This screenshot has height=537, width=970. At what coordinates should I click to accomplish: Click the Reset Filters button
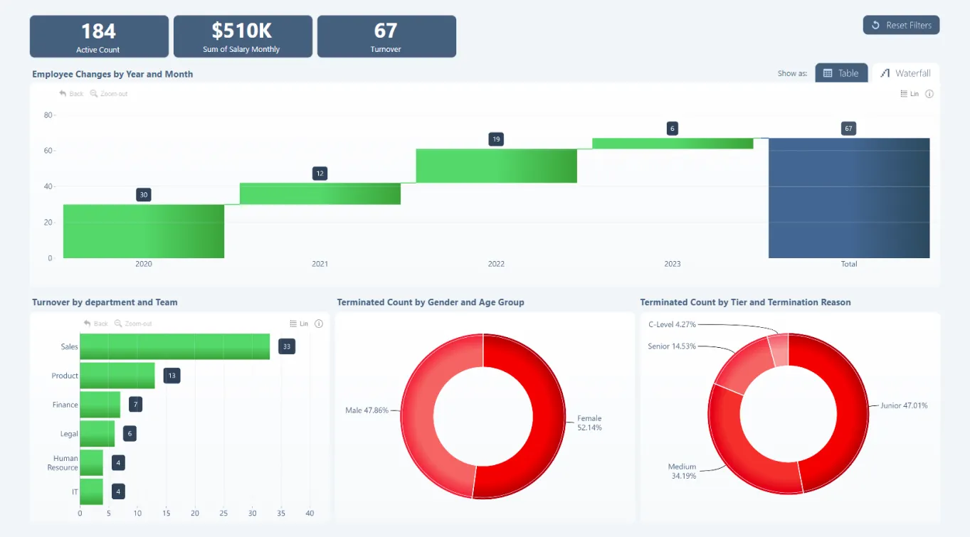pyautogui.click(x=901, y=25)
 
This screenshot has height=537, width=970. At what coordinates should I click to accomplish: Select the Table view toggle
pyautogui.click(x=841, y=73)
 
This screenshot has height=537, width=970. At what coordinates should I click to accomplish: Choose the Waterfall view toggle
pyautogui.click(x=905, y=73)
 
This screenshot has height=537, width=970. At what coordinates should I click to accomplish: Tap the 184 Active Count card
pyautogui.click(x=99, y=37)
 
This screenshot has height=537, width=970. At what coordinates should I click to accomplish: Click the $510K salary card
pyautogui.click(x=242, y=37)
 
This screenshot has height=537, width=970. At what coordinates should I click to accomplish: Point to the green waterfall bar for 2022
pyautogui.click(x=496, y=166)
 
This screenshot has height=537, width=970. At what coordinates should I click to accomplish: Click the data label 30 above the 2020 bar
pyautogui.click(x=144, y=195)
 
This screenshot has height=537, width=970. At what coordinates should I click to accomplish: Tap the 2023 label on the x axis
pyautogui.click(x=672, y=264)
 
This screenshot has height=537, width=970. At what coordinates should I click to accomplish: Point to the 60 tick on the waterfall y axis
pyautogui.click(x=48, y=151)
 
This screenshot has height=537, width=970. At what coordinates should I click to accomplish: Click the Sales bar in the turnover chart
pyautogui.click(x=174, y=346)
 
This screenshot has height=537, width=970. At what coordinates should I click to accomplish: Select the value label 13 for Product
pyautogui.click(x=172, y=376)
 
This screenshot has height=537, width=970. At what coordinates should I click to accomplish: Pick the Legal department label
pyautogui.click(x=69, y=434)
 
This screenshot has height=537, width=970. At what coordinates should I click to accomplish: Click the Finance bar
pyautogui.click(x=100, y=405)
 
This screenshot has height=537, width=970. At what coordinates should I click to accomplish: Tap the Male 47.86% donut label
pyautogui.click(x=367, y=410)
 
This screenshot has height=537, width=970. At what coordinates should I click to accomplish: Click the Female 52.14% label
pyautogui.click(x=589, y=423)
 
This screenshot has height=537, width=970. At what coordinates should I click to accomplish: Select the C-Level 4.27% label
pyautogui.click(x=671, y=324)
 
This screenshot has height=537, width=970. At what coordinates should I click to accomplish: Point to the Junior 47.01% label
pyautogui.click(x=904, y=405)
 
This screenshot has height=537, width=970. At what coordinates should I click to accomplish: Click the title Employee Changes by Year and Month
pyautogui.click(x=112, y=74)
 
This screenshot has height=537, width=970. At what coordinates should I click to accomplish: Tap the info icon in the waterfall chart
pyautogui.click(x=929, y=94)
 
